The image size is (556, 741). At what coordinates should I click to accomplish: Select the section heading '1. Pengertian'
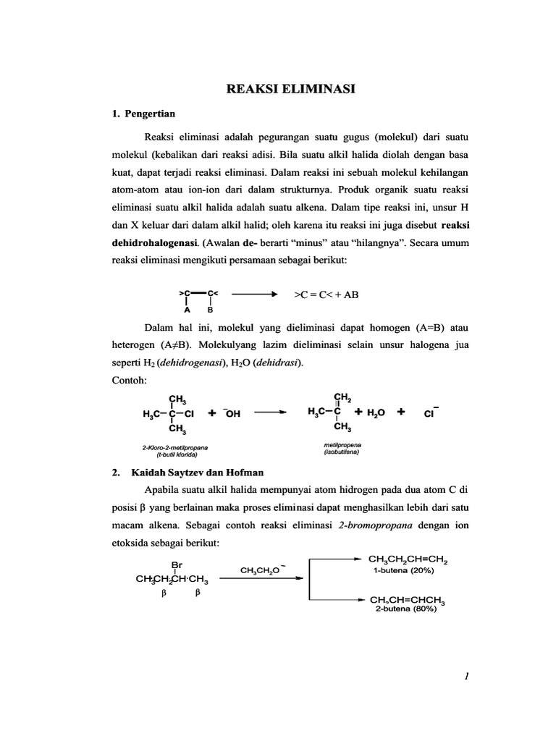[143, 114]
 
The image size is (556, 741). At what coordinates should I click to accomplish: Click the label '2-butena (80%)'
[405, 609]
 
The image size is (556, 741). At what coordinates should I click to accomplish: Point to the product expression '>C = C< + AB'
[326, 295]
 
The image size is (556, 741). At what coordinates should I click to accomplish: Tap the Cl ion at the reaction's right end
[434, 413]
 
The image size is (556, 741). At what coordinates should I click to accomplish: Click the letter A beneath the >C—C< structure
[187, 309]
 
